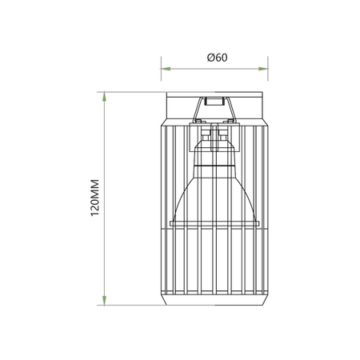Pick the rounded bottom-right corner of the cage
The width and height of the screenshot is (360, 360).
point(266,299)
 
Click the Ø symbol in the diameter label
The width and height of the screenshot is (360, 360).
point(210,57)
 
